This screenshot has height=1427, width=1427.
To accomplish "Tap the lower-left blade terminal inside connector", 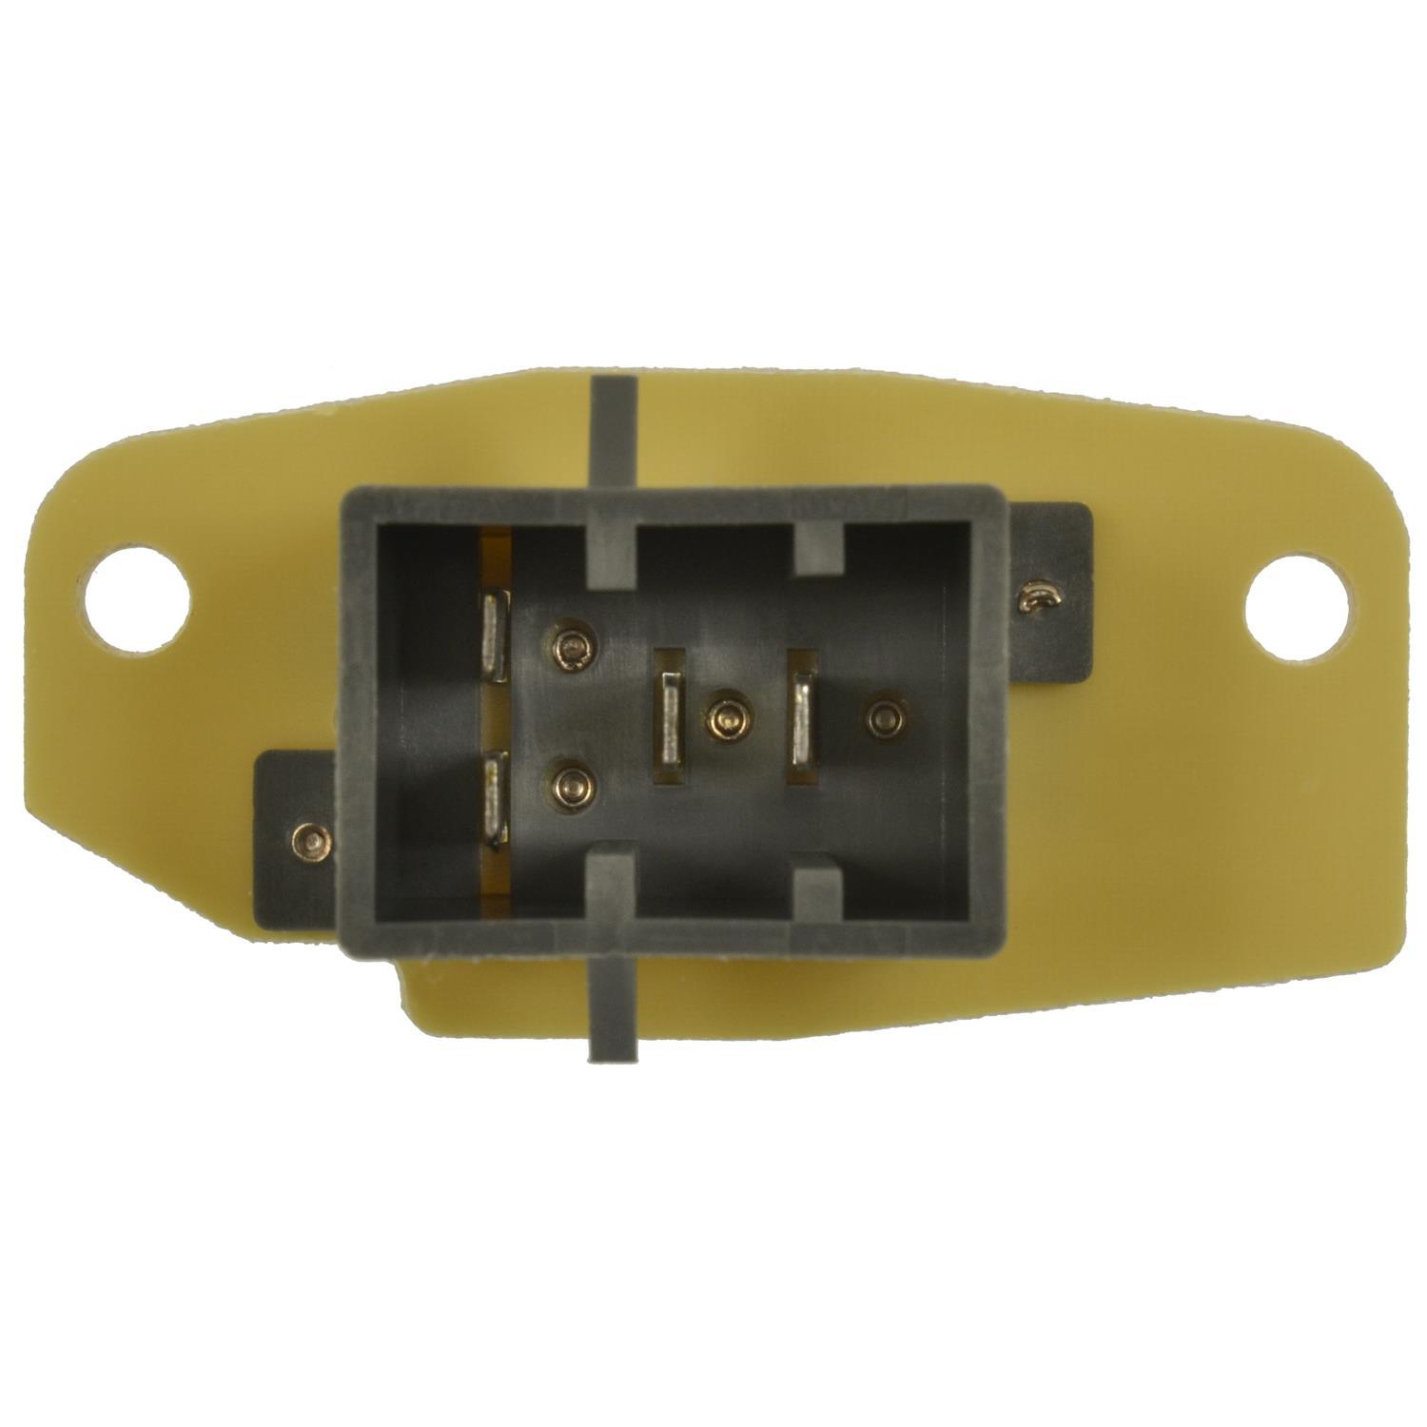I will point(496,797).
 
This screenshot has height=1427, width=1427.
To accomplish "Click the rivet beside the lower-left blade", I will point(572,785).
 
